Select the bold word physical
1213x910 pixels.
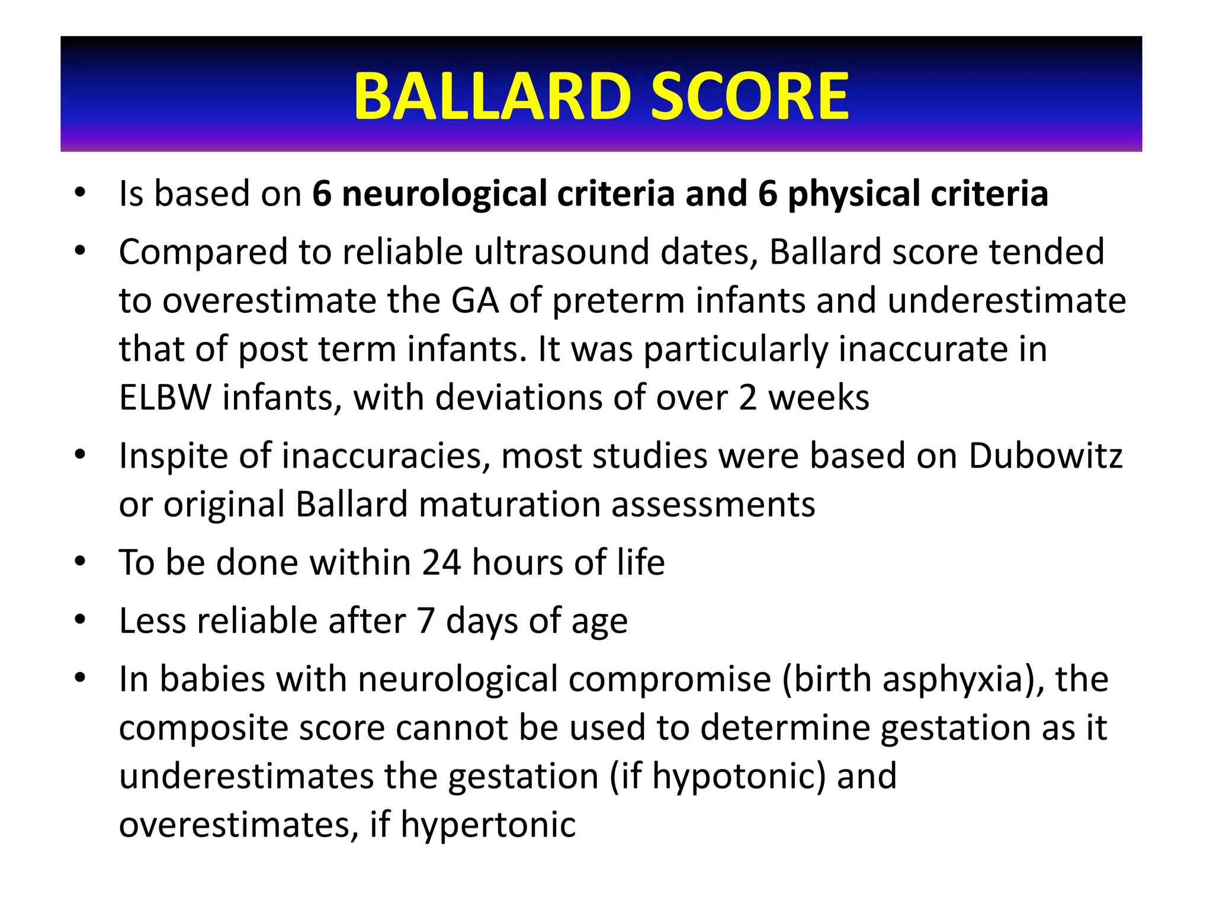pyautogui.click(x=853, y=194)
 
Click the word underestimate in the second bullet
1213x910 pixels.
pyautogui.click(x=1006, y=300)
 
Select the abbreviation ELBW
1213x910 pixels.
pyautogui.click(x=165, y=398)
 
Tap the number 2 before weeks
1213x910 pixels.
pyautogui.click(x=747, y=398)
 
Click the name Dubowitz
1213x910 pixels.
pyautogui.click(x=1045, y=456)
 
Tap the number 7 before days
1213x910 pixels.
pyautogui.click(x=426, y=621)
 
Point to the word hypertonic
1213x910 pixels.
pyautogui.click(x=488, y=825)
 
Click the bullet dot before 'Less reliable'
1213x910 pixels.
pyautogui.click(x=81, y=620)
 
